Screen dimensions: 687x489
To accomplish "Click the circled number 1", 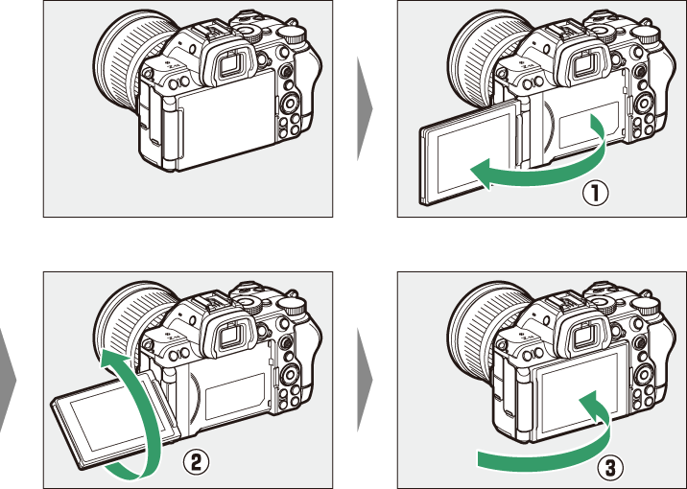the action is [595, 194].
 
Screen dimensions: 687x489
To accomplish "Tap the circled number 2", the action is [196, 462].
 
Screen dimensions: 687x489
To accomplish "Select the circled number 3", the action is [610, 468].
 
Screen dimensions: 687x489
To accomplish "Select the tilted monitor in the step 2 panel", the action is [116, 420].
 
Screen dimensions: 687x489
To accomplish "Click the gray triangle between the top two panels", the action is [365, 108].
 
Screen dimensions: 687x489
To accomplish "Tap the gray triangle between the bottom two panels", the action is [365, 380].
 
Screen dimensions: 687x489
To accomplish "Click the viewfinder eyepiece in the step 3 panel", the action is [583, 335].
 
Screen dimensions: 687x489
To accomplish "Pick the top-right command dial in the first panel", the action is [293, 35].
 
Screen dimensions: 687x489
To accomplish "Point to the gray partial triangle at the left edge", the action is [6, 380].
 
